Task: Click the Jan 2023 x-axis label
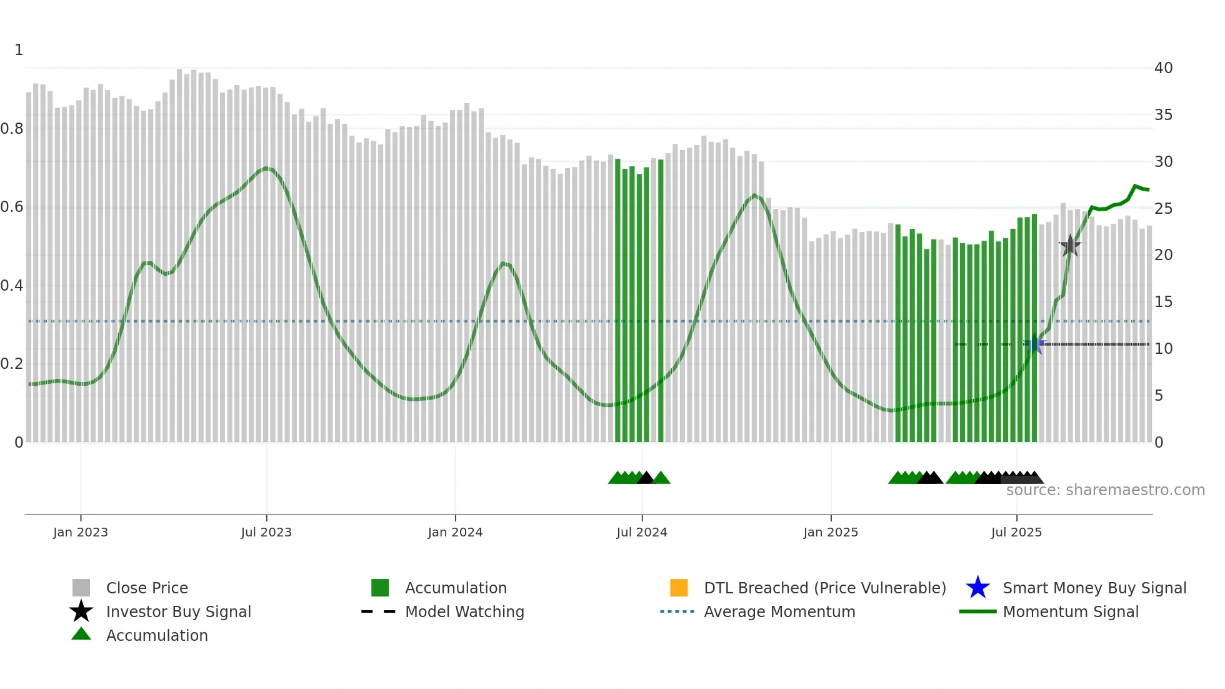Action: (81, 532)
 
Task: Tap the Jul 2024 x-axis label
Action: (642, 532)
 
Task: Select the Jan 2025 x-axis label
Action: (831, 532)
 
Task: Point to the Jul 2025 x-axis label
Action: (1016, 532)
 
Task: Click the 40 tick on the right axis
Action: (1163, 68)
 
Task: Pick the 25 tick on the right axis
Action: (1163, 209)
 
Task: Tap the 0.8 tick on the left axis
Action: (12, 129)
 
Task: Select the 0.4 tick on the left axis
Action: (12, 286)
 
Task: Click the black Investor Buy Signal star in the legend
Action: (81, 611)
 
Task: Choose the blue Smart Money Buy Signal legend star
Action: (977, 588)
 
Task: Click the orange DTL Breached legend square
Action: (679, 588)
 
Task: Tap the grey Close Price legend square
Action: (81, 588)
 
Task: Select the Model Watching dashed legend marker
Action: (379, 611)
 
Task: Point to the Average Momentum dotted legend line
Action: (677, 611)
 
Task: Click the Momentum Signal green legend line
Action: (977, 611)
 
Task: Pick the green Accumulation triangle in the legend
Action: (81, 635)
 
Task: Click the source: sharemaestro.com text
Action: (1105, 490)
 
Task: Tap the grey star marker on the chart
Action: (1070, 246)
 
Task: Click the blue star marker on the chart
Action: (1034, 344)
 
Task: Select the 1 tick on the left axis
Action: (19, 50)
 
